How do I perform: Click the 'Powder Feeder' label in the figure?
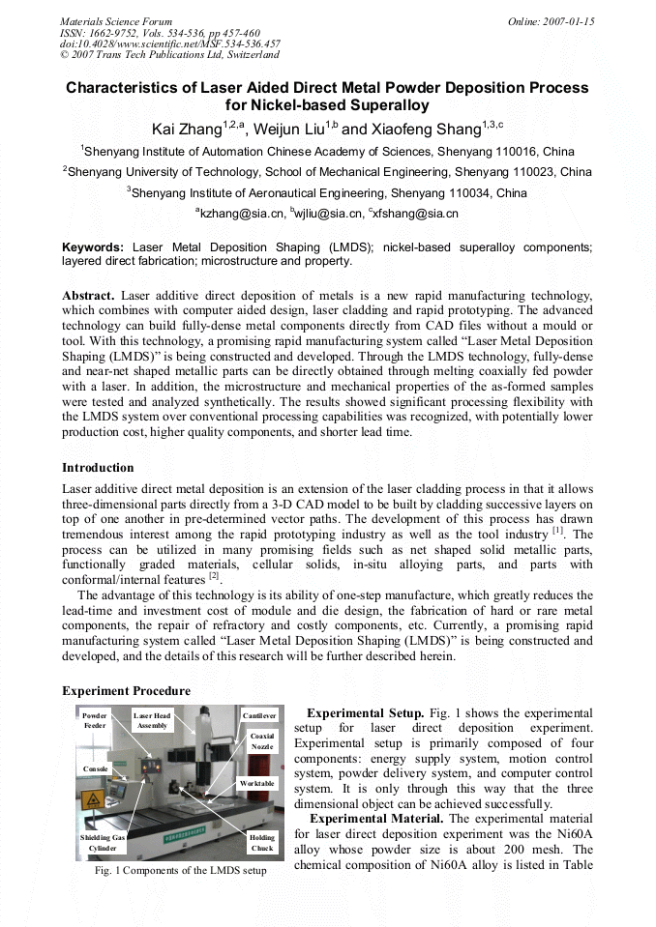coord(95,720)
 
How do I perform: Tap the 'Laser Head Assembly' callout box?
coord(152,720)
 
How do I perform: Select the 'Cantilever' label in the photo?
coord(258,715)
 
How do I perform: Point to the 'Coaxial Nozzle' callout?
coord(261,741)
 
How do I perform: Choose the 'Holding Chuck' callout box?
coord(261,842)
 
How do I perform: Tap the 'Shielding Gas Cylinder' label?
coord(103,842)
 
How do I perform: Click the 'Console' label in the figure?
coord(95,768)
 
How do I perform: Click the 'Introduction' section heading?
coord(98,468)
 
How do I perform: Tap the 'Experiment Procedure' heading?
coord(126,691)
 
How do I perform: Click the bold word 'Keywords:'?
coord(93,247)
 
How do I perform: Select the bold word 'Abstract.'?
coord(89,294)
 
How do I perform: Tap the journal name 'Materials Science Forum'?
coord(116,21)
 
